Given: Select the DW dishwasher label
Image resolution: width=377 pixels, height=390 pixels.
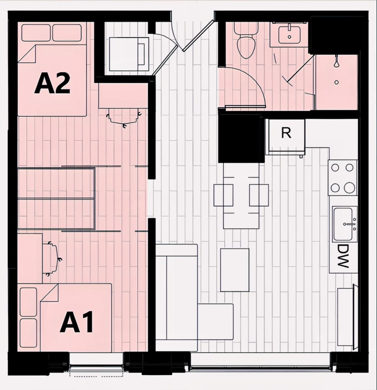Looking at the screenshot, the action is coord(343,256).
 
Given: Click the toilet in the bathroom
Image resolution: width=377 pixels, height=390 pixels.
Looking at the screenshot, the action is coord(246,40).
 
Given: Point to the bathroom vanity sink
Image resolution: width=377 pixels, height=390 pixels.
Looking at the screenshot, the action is coord(289,34).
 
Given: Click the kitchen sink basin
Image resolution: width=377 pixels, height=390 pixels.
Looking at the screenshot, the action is coord(344,224).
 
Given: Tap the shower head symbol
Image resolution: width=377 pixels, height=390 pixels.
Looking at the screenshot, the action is coord(336,62).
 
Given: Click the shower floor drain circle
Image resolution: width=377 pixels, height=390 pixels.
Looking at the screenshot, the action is coord(337,82).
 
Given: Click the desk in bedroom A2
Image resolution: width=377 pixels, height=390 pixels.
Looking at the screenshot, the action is coord(123,96).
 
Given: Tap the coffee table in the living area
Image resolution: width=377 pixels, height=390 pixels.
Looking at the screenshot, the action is coord(235,270).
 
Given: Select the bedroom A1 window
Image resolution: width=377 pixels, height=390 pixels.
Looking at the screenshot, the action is coord(96,366).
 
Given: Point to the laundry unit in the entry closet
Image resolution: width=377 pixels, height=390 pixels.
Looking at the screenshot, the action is coord(129,54).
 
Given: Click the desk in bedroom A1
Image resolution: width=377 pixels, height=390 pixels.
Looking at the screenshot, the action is coord(30,258).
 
